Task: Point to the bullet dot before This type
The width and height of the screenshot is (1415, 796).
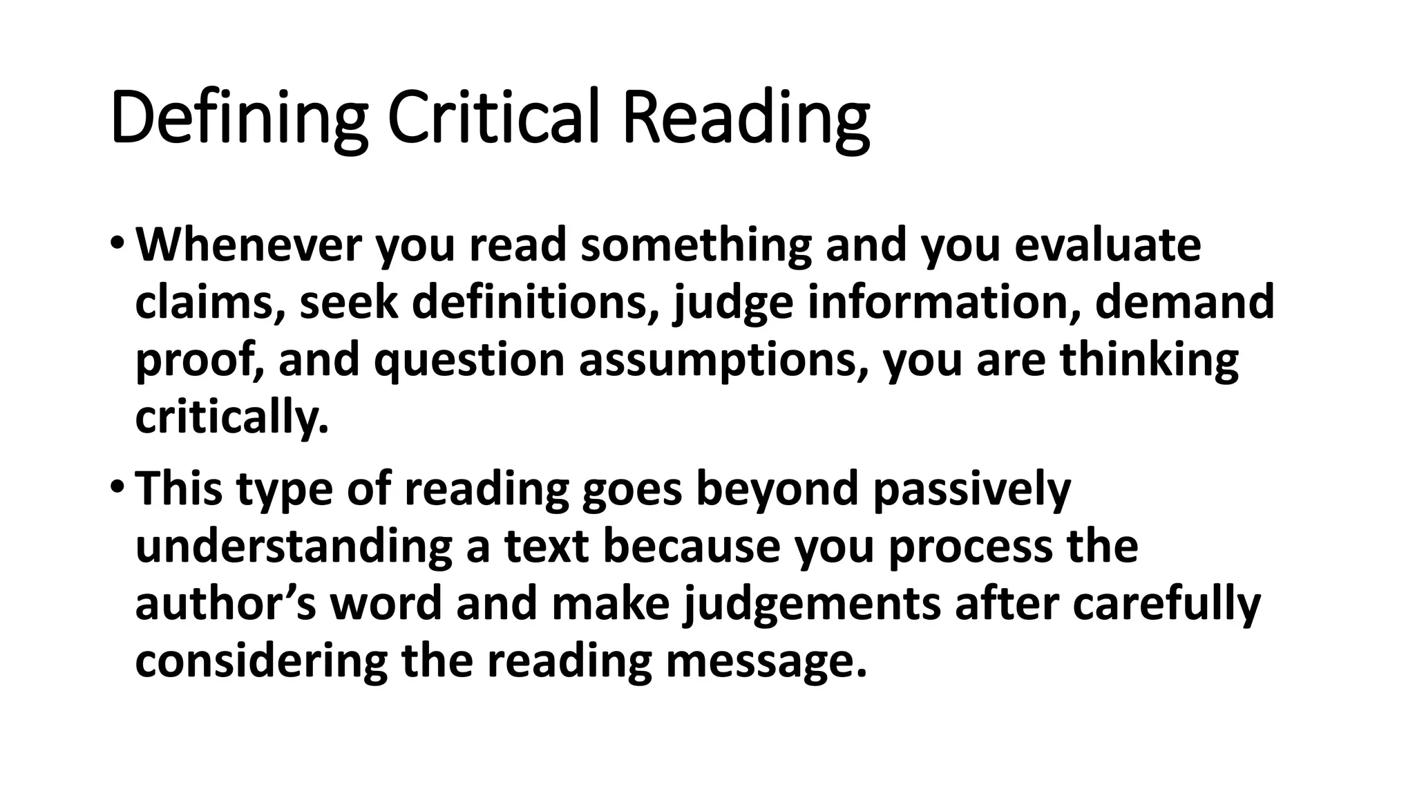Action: click(x=117, y=488)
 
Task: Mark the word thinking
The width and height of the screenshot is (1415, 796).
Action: click(x=1149, y=361)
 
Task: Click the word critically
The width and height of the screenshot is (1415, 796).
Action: click(x=231, y=419)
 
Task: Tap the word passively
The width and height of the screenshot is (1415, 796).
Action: click(x=971, y=489)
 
